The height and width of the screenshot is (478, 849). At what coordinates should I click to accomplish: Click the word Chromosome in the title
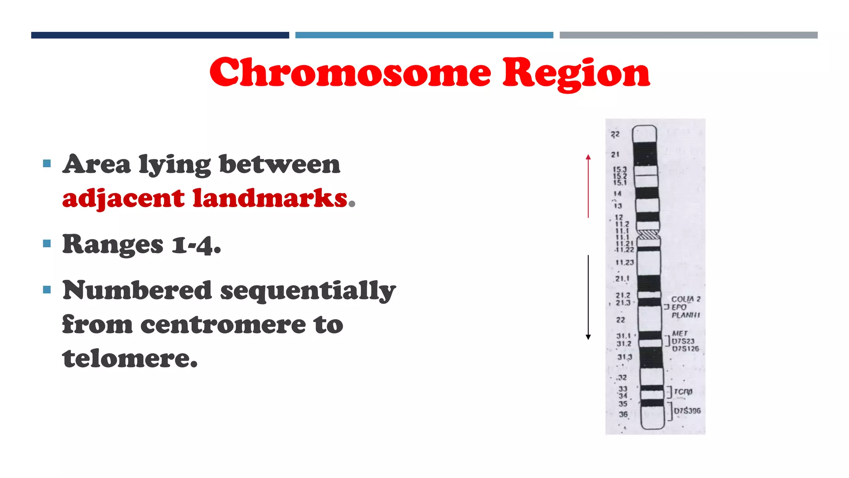click(350, 73)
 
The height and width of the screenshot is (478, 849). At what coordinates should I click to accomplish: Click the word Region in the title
click(576, 73)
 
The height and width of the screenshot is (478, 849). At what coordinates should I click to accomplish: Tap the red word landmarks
click(270, 198)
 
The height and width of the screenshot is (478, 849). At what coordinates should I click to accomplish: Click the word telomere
click(130, 358)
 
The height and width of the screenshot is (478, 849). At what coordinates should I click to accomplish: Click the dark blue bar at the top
click(160, 35)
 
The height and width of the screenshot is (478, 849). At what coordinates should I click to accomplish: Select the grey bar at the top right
click(688, 35)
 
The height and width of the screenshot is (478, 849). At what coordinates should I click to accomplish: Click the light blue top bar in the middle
click(424, 35)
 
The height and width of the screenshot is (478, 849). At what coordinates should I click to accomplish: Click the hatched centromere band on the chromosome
click(648, 235)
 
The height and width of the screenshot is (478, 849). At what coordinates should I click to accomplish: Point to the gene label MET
click(680, 333)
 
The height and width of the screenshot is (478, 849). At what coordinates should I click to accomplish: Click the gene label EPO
click(679, 307)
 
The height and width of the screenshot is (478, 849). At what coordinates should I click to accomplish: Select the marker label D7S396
click(687, 411)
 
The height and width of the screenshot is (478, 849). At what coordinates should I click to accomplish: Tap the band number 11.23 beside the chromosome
click(624, 262)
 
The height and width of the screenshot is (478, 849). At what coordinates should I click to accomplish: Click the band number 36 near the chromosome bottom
click(623, 414)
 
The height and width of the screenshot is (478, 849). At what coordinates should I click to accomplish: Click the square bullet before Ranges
click(47, 244)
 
